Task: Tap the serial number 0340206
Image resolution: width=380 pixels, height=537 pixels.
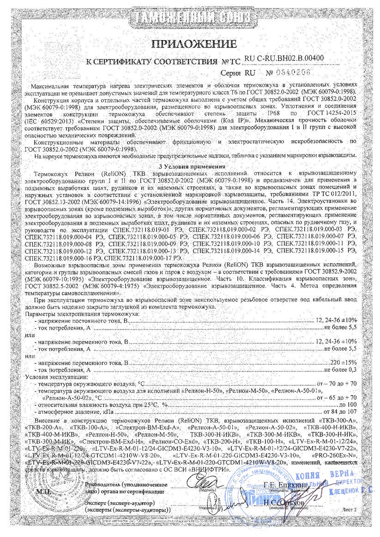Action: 287,73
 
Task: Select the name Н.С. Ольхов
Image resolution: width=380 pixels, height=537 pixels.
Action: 283,502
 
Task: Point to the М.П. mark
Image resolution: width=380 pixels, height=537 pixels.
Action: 43,492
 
